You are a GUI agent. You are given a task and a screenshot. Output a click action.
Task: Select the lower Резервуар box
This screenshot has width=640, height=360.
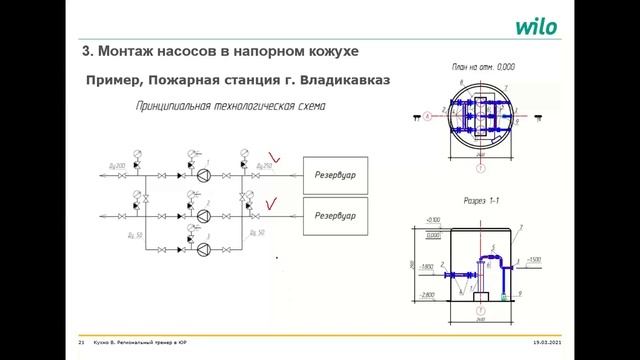(335, 213)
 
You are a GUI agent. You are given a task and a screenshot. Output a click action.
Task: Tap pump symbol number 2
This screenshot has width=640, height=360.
(204, 212)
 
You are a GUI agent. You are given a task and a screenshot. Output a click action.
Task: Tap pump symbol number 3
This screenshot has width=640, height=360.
(204, 247)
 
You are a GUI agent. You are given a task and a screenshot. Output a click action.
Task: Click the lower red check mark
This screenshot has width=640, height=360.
(267, 205)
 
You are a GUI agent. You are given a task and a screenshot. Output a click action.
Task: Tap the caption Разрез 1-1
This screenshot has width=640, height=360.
(487, 200)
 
